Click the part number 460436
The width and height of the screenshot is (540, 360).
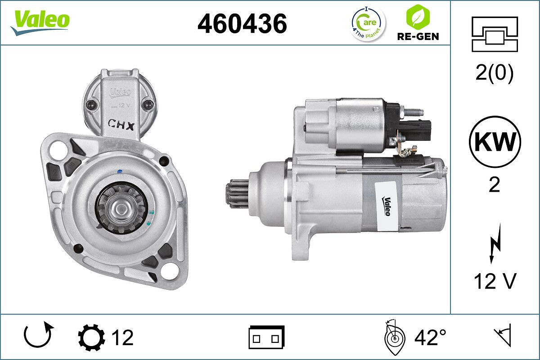click(242, 23)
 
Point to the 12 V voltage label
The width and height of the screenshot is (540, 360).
click(495, 282)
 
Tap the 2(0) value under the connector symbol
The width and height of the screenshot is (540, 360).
click(494, 73)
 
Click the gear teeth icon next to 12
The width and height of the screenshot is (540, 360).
click(91, 337)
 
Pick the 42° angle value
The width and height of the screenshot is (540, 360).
click(430, 337)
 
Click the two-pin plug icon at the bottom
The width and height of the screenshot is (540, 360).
click(266, 337)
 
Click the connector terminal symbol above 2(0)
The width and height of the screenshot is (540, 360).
click(495, 34)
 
